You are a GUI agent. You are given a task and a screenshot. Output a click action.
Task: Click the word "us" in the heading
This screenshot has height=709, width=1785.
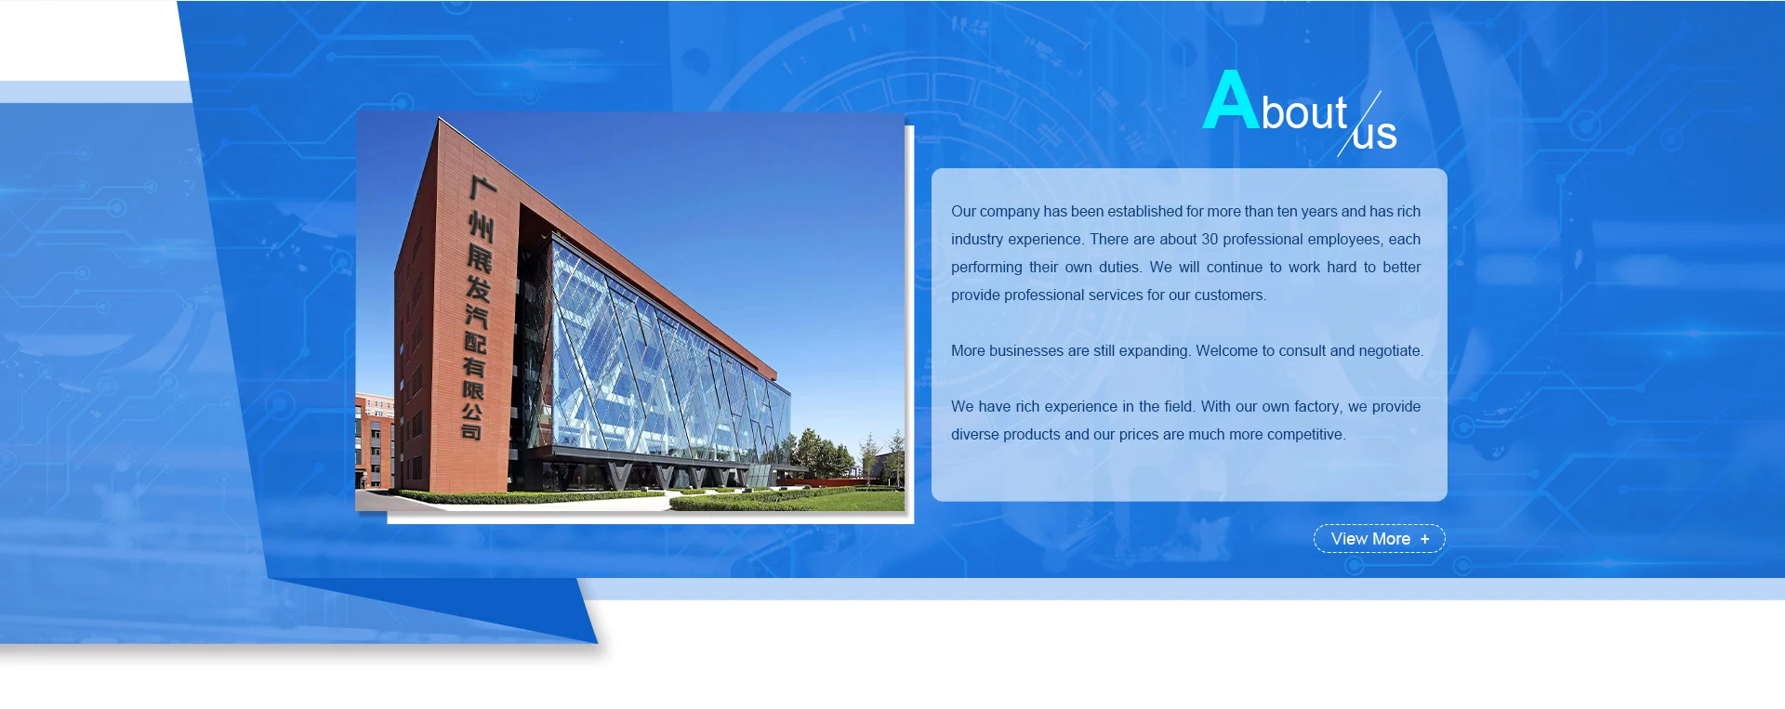click(x=1375, y=136)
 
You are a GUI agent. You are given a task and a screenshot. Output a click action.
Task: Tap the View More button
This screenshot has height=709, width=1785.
click(x=1379, y=539)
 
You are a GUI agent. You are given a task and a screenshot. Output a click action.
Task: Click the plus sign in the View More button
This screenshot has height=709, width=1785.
click(x=1424, y=539)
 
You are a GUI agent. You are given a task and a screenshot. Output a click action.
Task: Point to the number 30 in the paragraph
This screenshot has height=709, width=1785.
click(x=1210, y=240)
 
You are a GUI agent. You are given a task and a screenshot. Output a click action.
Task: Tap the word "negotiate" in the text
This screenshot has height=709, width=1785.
click(x=1391, y=351)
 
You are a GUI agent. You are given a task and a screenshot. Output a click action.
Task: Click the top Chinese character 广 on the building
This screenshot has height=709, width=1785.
click(x=483, y=188)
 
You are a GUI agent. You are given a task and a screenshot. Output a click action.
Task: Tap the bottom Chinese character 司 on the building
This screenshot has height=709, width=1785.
click(x=471, y=431)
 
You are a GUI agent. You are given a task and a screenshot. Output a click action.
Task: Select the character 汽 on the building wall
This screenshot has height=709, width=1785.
click(x=476, y=316)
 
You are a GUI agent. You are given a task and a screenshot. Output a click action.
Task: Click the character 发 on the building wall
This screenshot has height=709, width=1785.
click(x=478, y=288)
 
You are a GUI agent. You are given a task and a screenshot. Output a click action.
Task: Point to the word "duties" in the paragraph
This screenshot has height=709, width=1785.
click(x=1119, y=268)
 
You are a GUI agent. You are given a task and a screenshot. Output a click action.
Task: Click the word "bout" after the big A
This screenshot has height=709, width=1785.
click(x=1304, y=113)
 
